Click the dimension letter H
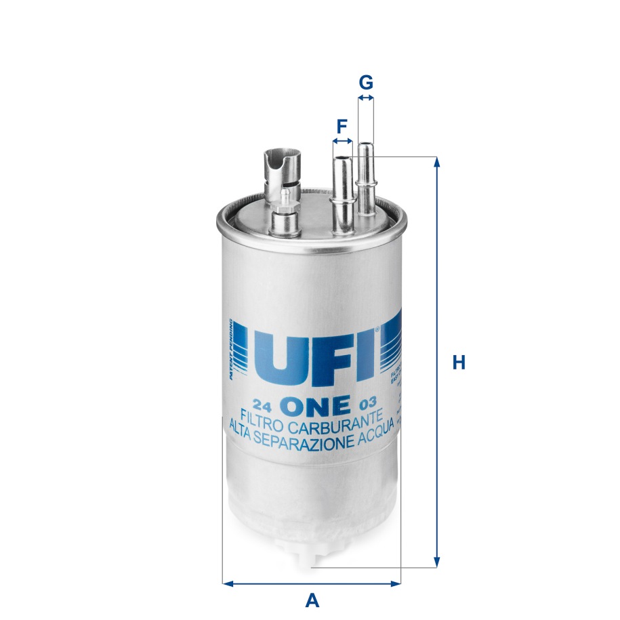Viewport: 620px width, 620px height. click(x=459, y=363)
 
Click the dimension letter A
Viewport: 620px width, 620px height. click(x=312, y=600)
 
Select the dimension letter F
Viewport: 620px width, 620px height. click(x=342, y=125)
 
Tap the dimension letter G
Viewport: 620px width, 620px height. click(x=366, y=83)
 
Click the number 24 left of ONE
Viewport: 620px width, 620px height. click(x=264, y=407)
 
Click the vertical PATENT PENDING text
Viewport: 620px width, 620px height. click(x=232, y=349)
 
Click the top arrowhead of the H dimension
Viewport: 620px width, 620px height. click(x=437, y=162)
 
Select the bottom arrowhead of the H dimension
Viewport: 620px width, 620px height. click(x=437, y=561)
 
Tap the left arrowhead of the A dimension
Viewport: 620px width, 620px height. click(x=228, y=583)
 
